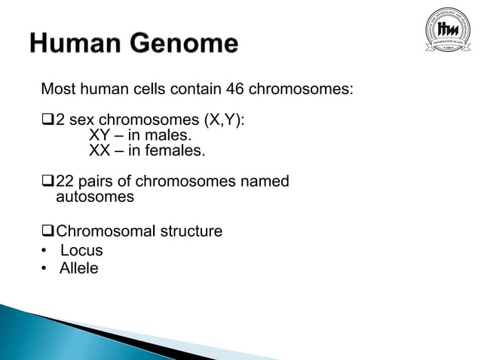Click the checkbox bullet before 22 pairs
[48, 182]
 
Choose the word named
[268, 182]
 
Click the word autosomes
[95, 197]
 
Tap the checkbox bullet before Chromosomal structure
[48, 231]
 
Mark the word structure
[190, 231]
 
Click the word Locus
[81, 250]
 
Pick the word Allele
[79, 268]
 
